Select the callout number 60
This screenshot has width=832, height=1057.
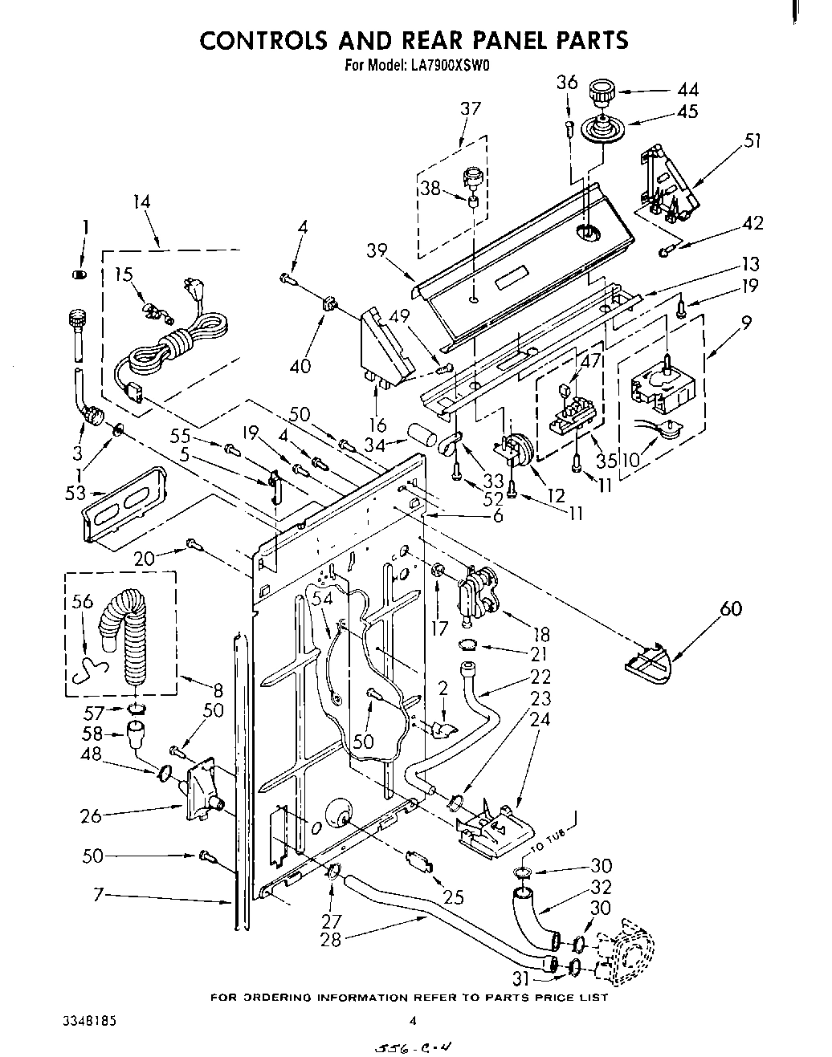(x=731, y=609)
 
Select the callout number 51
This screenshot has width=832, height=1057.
(x=752, y=142)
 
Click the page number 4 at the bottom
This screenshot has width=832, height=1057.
(x=413, y=1022)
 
